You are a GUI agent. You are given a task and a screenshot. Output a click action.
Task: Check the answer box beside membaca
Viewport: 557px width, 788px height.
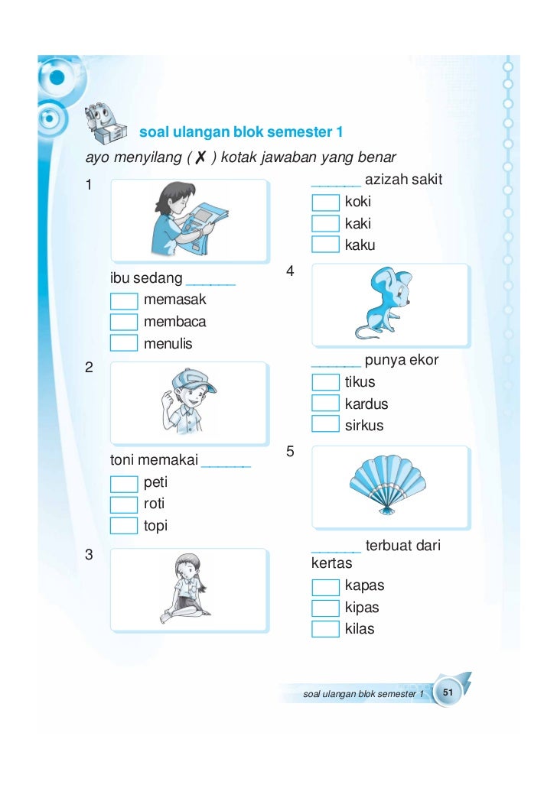click(124, 322)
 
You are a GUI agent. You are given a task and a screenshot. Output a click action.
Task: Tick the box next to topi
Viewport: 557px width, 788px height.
click(124, 526)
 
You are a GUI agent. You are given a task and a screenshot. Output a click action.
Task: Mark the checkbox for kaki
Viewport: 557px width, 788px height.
click(325, 223)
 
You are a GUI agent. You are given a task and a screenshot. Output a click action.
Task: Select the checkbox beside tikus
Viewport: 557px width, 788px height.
click(325, 382)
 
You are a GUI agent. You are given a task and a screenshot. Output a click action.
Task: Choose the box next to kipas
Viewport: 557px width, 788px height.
click(325, 608)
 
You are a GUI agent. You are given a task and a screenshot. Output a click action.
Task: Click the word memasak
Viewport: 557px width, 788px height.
click(174, 300)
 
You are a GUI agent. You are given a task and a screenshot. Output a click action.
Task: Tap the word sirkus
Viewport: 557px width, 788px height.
click(363, 426)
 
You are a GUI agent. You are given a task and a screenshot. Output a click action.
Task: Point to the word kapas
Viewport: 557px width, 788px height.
click(364, 586)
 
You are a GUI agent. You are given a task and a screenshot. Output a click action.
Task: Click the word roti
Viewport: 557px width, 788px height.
click(154, 504)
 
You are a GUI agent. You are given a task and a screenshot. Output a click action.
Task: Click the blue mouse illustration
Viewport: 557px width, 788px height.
click(384, 303)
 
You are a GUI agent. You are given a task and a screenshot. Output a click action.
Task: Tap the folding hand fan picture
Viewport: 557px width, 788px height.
click(387, 485)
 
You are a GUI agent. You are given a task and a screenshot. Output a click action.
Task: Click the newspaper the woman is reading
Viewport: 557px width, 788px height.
click(204, 225)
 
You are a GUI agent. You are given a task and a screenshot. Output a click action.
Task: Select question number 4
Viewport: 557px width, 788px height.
click(290, 271)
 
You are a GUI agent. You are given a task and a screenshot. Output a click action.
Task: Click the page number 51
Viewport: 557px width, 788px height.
click(448, 692)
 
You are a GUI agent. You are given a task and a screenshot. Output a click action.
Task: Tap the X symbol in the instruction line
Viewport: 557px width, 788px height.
click(200, 157)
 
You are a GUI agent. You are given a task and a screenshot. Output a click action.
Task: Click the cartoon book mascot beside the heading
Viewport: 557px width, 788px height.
click(105, 123)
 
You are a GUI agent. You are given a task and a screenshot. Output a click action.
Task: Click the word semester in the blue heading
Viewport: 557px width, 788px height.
click(300, 132)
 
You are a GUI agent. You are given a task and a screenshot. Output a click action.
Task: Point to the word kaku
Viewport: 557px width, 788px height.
click(360, 245)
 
